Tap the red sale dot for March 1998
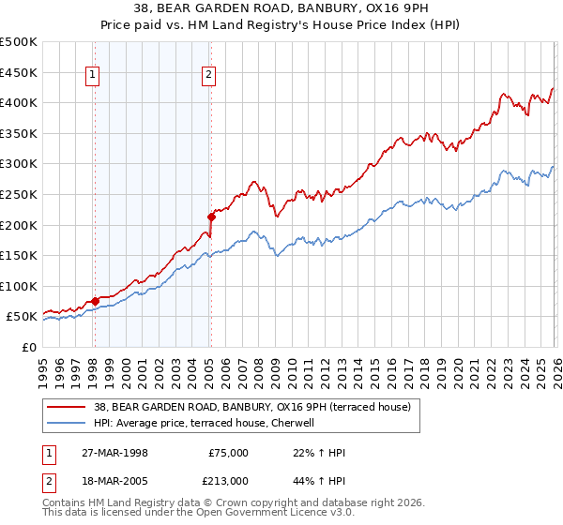(95, 301)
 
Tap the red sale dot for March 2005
(210, 217)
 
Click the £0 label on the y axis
(28, 347)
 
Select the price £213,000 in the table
(229, 480)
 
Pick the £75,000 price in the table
(229, 453)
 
